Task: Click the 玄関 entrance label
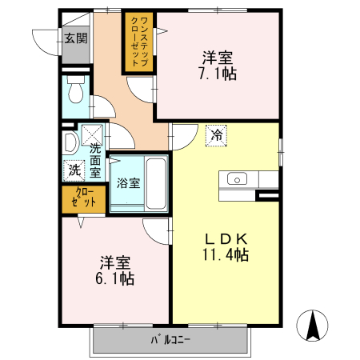coord(76,38)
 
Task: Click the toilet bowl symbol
coord(75,92)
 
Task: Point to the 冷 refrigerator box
coord(216,136)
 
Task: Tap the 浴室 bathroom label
coord(129,182)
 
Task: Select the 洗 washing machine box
coord(73,170)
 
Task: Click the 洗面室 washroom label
coord(95,159)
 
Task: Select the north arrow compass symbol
coord(314,324)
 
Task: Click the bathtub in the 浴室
coord(155,182)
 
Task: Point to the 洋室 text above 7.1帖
coord(218,57)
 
